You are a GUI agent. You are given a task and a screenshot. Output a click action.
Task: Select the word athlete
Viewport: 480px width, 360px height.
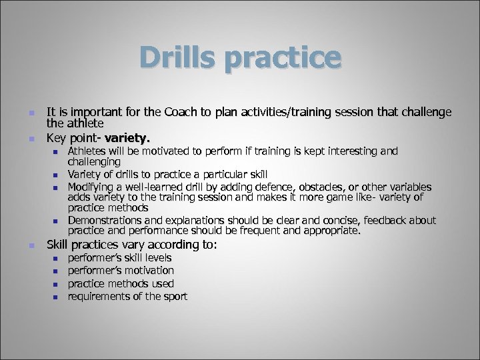pyautogui.click(x=84, y=123)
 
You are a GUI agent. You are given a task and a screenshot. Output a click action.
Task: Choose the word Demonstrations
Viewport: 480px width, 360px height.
pyautogui.click(x=105, y=221)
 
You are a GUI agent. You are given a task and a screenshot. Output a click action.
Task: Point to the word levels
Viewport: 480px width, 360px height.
pyautogui.click(x=157, y=258)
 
